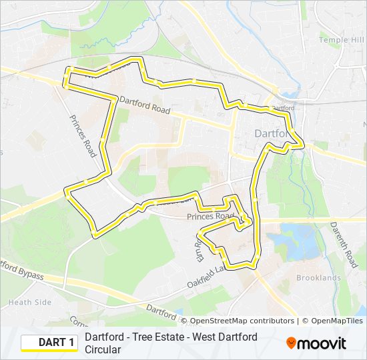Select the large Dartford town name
pos(273,133)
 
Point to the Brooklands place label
pos(318,277)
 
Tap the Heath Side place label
pos(29,302)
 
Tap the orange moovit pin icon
pos(292,343)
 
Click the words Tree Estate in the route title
pos(152,337)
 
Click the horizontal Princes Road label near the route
pos(210,217)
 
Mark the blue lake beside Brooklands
pos(299,240)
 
